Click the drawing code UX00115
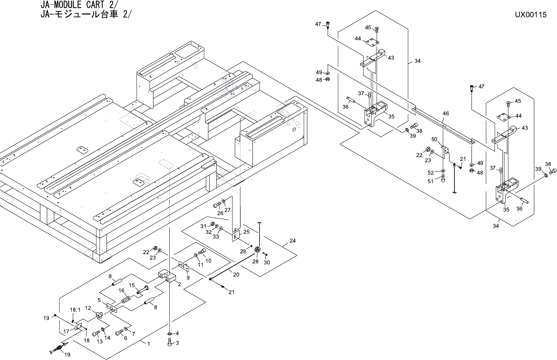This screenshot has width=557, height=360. pos(531,15)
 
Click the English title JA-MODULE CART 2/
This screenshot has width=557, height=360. pos(80,5)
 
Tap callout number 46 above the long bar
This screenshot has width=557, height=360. pos(446,114)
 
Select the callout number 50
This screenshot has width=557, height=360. pos(434,139)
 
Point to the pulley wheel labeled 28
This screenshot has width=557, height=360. pos(257,250)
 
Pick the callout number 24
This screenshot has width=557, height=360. pos(293,241)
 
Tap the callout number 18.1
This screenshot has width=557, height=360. pos(75,310)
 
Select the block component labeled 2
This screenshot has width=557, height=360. pos(167,276)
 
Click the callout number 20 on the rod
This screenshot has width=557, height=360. pos(236,274)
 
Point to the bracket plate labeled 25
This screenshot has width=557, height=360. pos(236,235)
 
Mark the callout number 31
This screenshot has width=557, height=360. pos(203,226)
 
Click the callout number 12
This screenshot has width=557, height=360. pos(88,308)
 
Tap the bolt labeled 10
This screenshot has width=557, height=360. pos(202,252)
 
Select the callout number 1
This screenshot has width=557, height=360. pos(149,344)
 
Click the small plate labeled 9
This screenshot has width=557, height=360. pos(184,266)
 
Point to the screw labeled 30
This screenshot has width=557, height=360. pos(265,254)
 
